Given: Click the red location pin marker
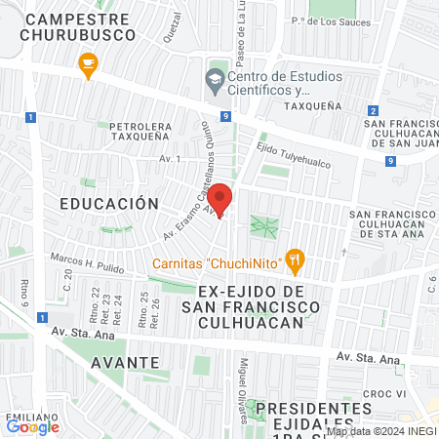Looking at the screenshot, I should [220, 199].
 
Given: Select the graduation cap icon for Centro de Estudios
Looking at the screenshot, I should [215, 81].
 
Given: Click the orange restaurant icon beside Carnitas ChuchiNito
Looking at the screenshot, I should [297, 260].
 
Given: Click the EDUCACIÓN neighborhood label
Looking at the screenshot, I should [108, 204].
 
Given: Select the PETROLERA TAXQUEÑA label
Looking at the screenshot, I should [140, 133].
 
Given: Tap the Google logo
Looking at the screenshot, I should [32, 426].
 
